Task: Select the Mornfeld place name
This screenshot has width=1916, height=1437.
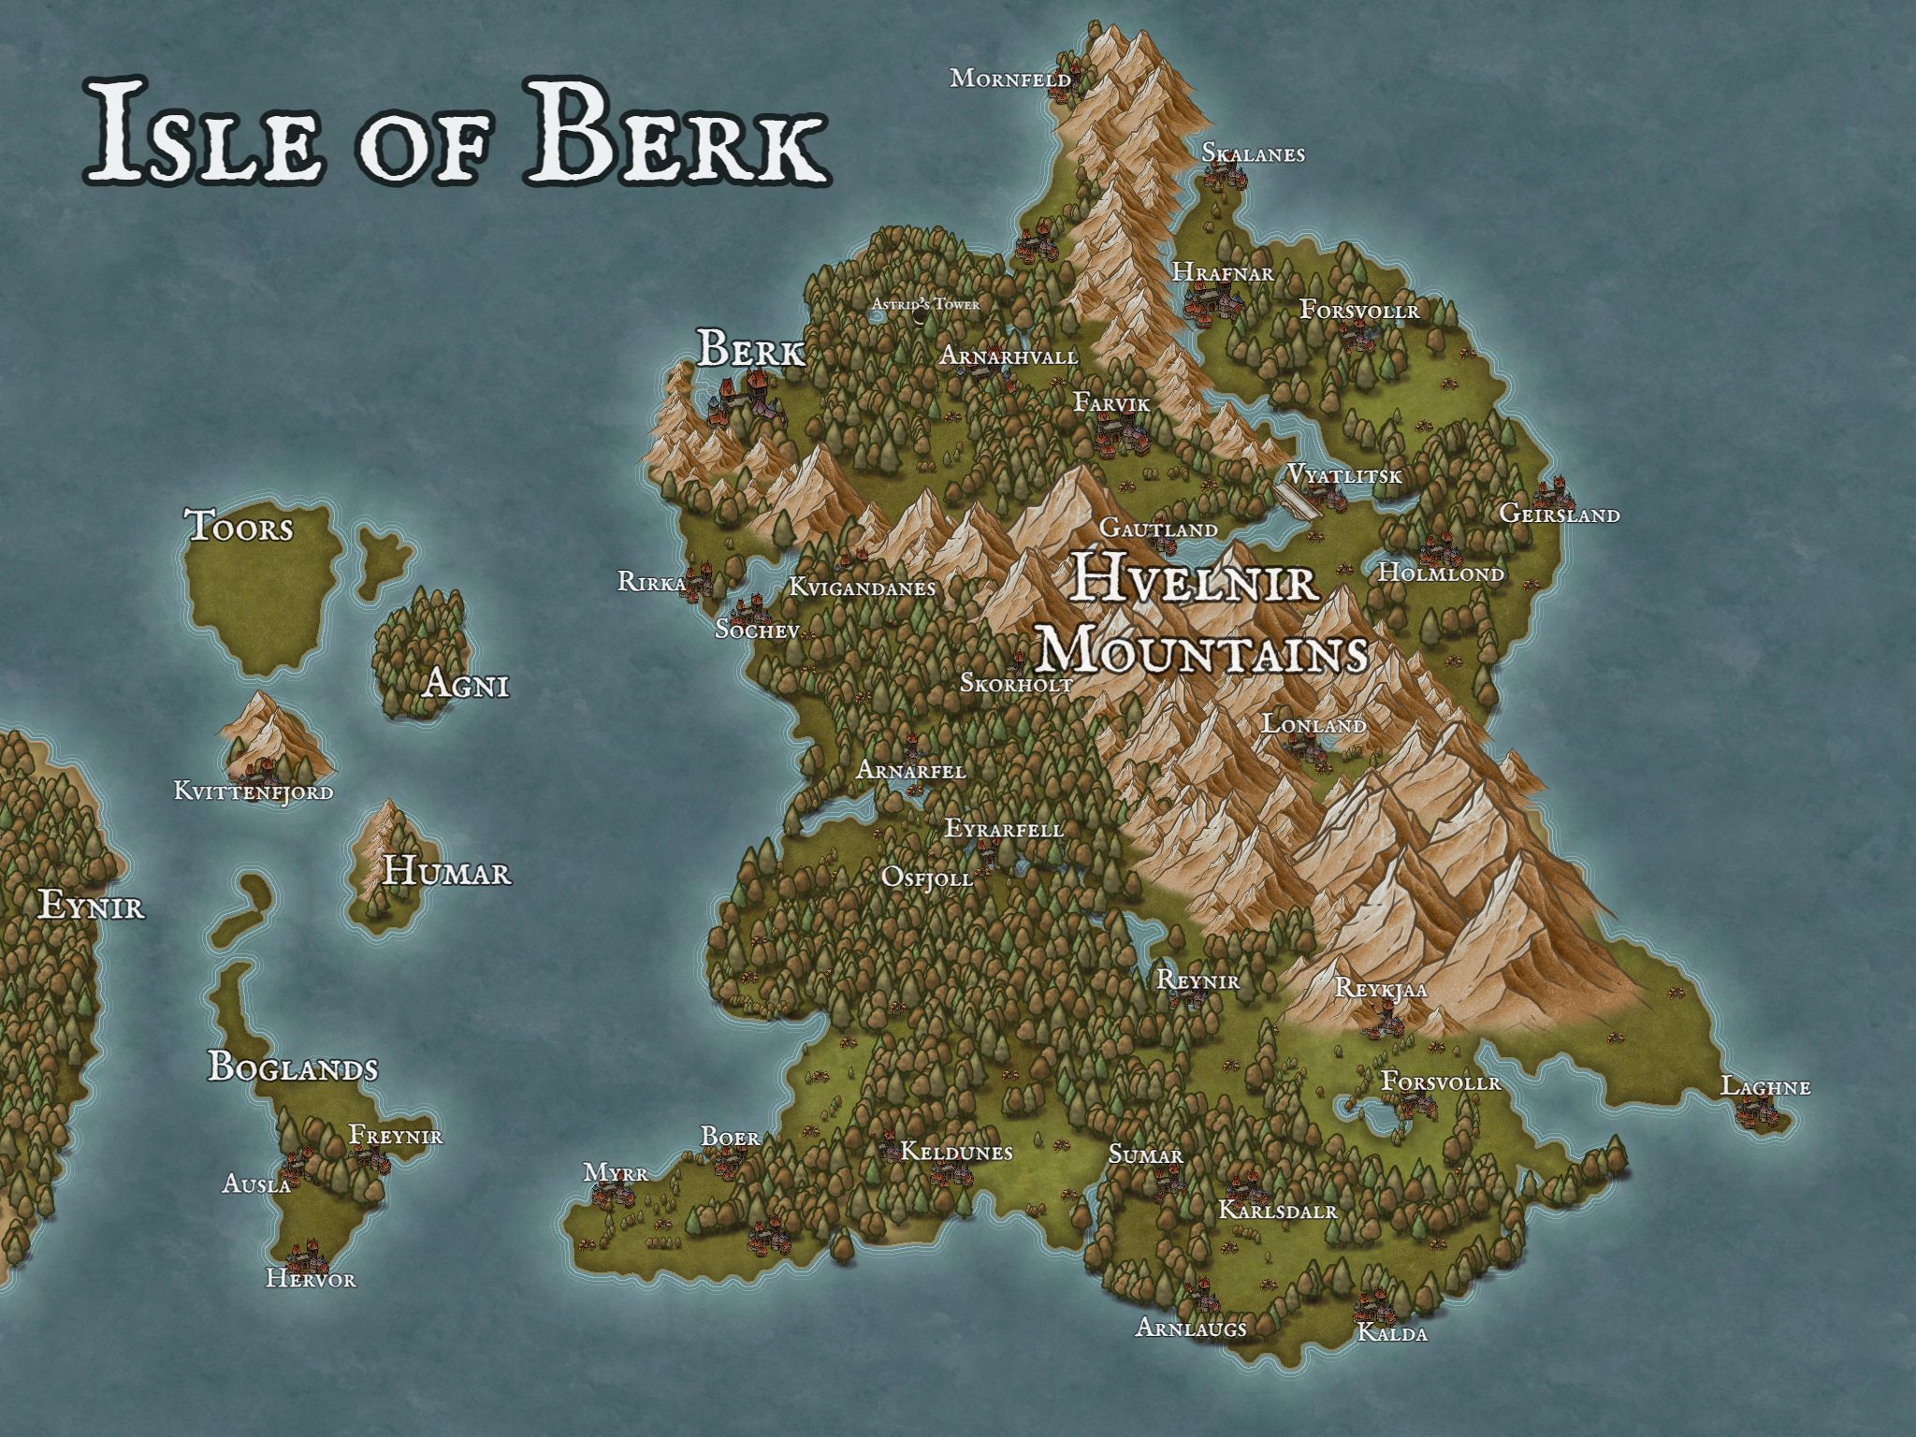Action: (1010, 79)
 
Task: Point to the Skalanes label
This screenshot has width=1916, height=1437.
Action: (1253, 153)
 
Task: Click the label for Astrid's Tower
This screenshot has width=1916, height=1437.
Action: (925, 304)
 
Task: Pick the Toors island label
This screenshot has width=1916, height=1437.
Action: (240, 527)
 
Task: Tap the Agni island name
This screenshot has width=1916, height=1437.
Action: (466, 685)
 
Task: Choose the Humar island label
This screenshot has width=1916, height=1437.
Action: (447, 873)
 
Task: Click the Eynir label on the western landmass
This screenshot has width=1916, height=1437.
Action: (92, 906)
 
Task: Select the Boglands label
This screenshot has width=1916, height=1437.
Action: (293, 1067)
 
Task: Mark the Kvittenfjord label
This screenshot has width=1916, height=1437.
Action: (254, 791)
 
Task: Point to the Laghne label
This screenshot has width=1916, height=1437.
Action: (1765, 1086)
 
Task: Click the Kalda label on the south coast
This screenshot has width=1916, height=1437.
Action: (1392, 1333)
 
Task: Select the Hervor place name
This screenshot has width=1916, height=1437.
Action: (311, 1278)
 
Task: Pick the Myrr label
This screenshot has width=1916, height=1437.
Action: (616, 1172)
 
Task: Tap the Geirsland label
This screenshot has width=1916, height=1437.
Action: (1560, 514)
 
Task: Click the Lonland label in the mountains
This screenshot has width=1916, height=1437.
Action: (1314, 724)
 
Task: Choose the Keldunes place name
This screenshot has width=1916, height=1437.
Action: (955, 1152)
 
